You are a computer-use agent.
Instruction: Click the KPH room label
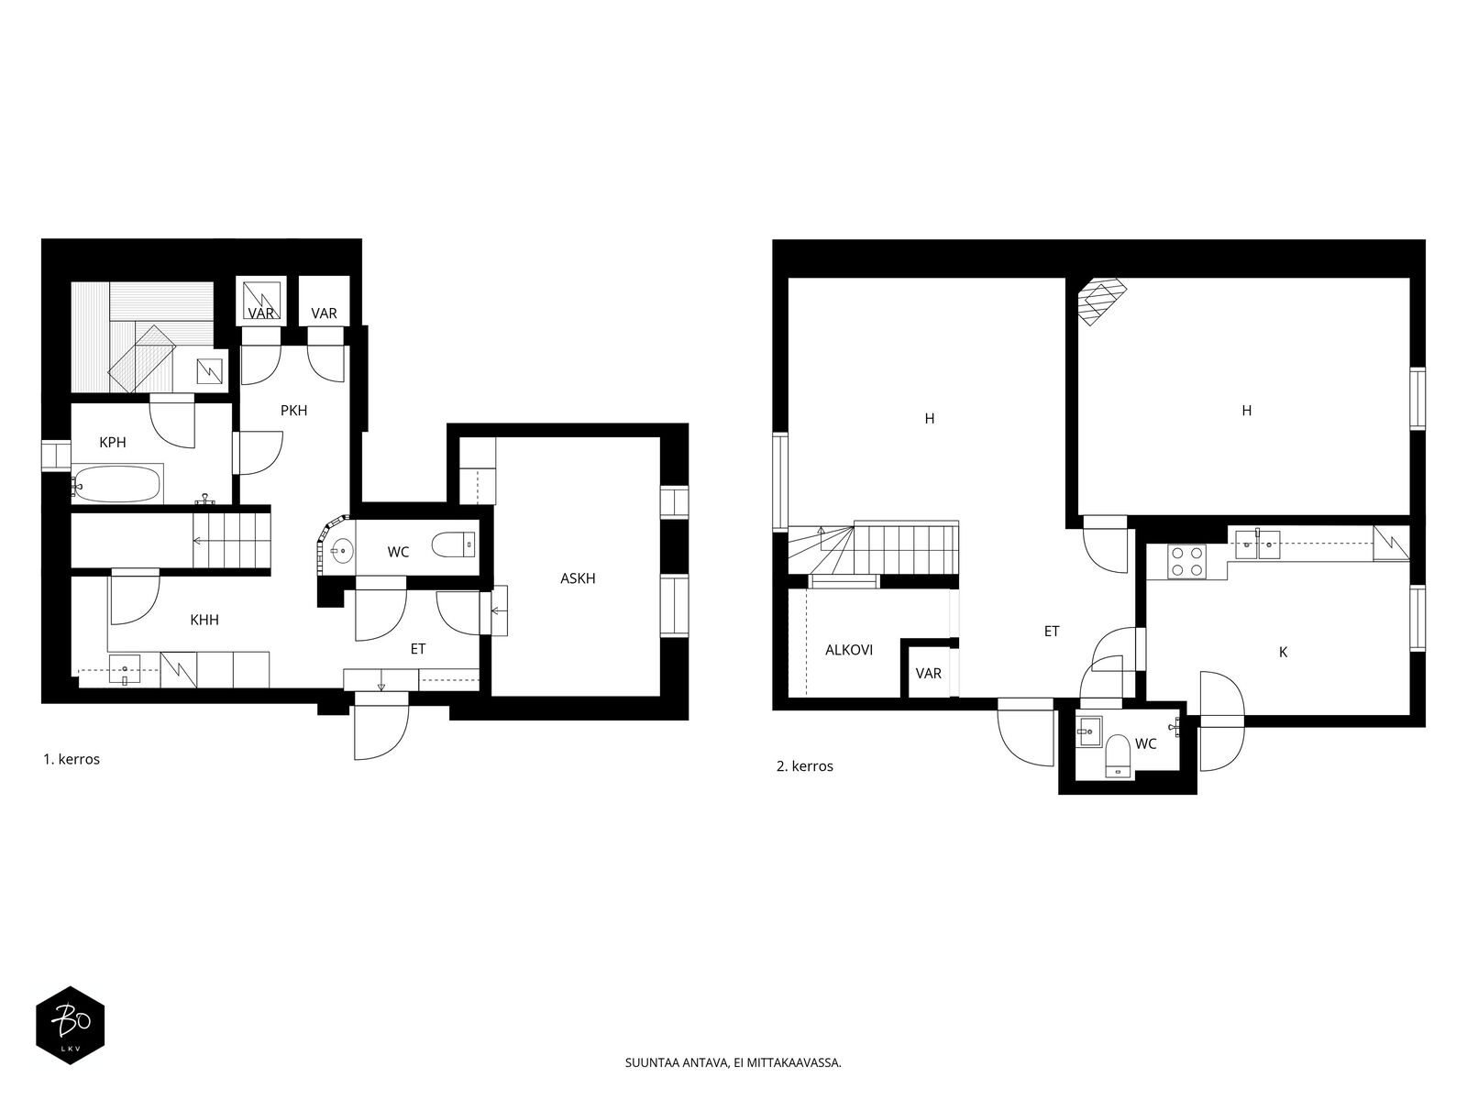tap(112, 442)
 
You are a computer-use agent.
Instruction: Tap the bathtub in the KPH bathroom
tap(117, 484)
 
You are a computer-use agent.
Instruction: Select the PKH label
tap(293, 411)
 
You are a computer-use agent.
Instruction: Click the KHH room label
tap(204, 620)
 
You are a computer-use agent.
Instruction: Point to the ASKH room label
tap(578, 578)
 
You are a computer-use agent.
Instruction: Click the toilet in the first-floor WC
tap(454, 545)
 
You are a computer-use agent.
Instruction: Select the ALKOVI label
tap(849, 650)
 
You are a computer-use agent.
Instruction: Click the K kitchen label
tap(1283, 653)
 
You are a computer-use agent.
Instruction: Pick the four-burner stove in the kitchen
tap(1187, 561)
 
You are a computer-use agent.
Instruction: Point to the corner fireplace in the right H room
tap(1102, 302)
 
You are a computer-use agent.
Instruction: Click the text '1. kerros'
tap(72, 759)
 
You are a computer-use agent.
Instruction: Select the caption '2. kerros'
tap(805, 766)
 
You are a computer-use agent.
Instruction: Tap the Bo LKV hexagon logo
tap(71, 1025)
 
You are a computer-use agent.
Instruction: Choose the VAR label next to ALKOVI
tap(928, 673)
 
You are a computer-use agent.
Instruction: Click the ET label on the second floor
tap(1052, 632)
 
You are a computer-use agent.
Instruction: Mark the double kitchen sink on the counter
tap(1257, 544)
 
